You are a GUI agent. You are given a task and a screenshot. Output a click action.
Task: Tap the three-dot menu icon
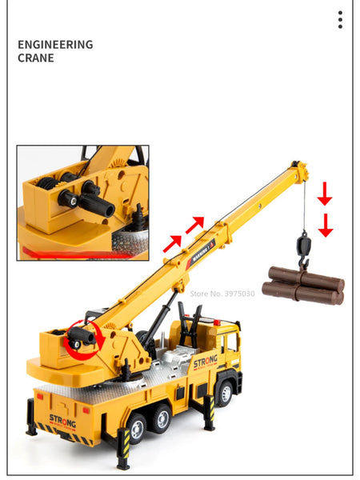pos(340,20)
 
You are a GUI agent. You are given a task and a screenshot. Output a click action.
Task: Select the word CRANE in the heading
pos(36,58)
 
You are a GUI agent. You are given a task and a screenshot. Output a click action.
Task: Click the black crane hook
pos(303,250)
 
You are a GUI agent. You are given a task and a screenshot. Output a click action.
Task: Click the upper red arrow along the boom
pos(195,225)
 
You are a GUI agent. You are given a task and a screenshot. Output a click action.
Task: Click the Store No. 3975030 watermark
pos(222,294)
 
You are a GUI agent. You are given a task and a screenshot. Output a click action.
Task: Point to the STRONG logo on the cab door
pos(206,362)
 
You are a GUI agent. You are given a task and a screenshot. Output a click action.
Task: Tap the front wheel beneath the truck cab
pos(225,394)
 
